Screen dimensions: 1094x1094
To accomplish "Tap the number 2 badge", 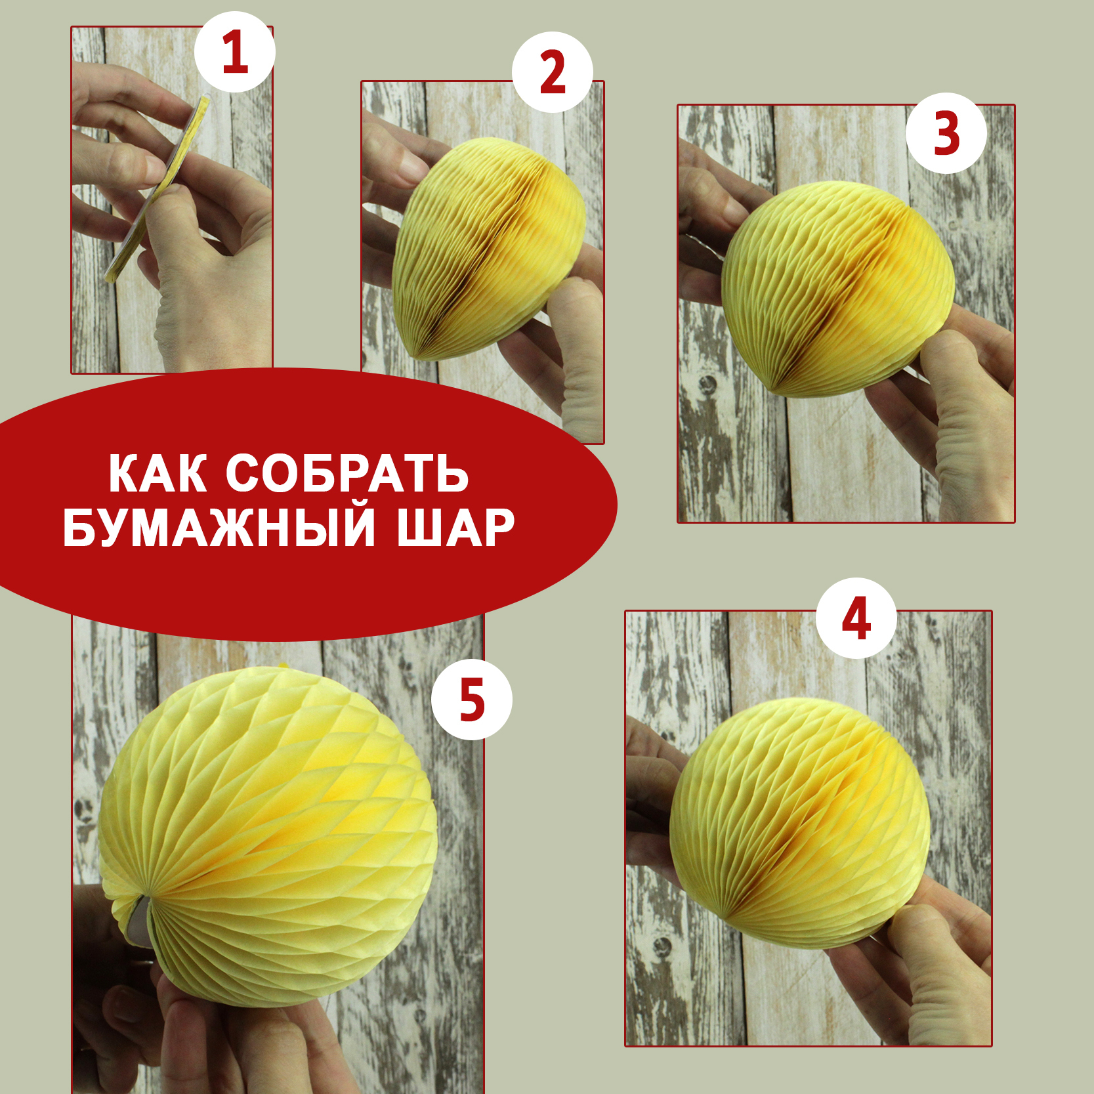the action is (553, 72).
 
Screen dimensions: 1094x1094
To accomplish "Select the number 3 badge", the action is (946, 133).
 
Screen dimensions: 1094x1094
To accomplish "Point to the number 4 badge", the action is (856, 618).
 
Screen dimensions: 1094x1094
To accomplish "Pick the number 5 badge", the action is (472, 700).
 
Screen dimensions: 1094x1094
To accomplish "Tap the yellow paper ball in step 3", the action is (838, 289).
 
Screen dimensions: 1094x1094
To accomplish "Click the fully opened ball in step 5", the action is (268, 837).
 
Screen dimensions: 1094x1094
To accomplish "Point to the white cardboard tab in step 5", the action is (138, 922).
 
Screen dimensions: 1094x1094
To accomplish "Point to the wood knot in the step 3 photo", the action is (707, 384).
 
